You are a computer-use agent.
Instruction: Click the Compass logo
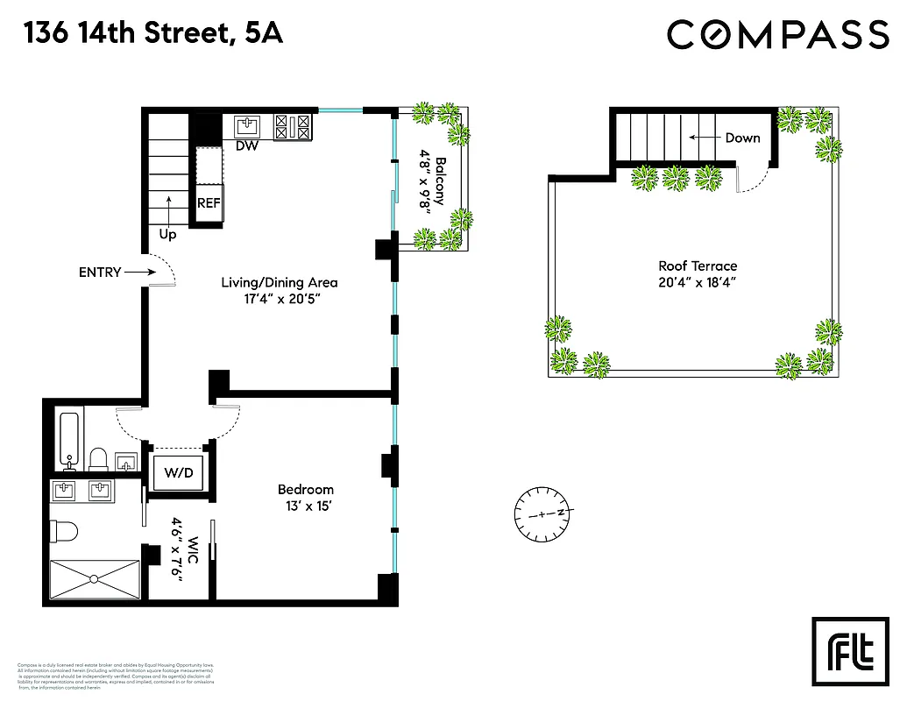[777, 34]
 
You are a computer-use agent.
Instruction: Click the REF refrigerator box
[209, 202]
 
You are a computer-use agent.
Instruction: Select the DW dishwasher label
[247, 145]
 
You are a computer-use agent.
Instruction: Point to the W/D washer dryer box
[179, 473]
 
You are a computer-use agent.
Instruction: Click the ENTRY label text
[100, 273]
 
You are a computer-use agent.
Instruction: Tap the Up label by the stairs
[167, 235]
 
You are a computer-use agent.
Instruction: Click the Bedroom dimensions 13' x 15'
[305, 506]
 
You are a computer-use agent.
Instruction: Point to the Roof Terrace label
[698, 266]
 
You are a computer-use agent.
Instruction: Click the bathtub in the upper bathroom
[67, 438]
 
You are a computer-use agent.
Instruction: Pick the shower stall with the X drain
[93, 578]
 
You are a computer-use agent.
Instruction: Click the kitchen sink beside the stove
[249, 124]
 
